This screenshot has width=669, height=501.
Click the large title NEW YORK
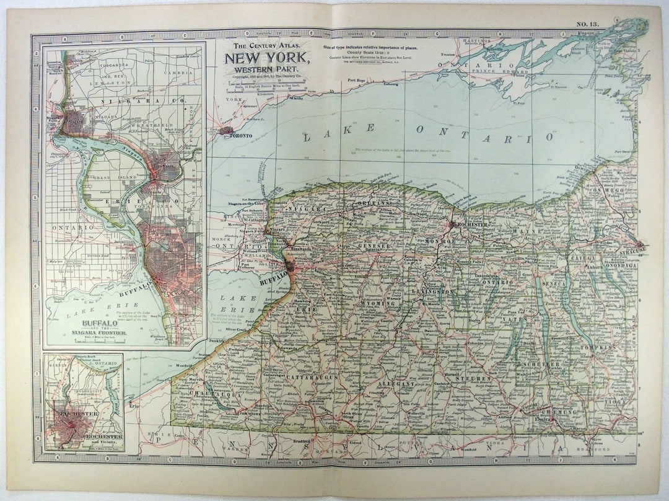click(x=268, y=58)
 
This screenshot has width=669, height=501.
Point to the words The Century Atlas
click(x=268, y=45)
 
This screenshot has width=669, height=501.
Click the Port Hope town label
click(x=357, y=81)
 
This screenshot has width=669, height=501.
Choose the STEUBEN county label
click(x=474, y=378)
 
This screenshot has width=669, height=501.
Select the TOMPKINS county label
click(x=598, y=348)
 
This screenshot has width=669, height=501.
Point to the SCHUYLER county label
click(x=540, y=363)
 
